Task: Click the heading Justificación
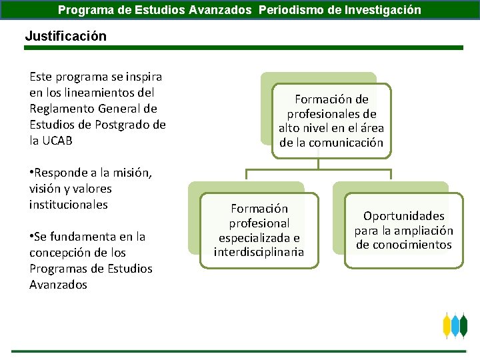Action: [x=65, y=36]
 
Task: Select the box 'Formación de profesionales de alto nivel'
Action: [x=331, y=121]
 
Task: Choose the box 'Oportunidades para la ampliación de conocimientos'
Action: [x=403, y=230]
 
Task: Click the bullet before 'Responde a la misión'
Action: [x=31, y=173]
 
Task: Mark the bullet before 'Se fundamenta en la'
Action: [x=31, y=237]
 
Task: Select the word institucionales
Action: [x=68, y=205]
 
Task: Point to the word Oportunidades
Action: [x=403, y=215]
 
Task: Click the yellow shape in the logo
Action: [x=447, y=326]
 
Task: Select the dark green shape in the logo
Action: [x=464, y=326]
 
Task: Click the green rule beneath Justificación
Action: [x=240, y=48]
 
